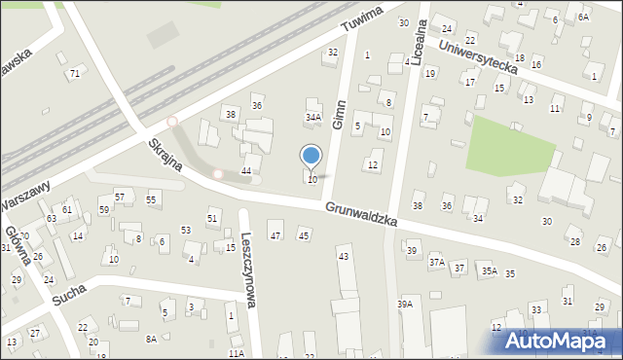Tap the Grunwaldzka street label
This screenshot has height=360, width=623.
pos(362,215)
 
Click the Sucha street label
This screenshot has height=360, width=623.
pos(69,289)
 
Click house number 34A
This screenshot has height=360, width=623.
pos(312,117)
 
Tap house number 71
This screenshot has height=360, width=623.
pos(74,74)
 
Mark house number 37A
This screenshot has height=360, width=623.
pos(437,262)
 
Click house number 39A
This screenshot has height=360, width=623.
pos(405,305)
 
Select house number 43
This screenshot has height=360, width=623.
pos(343,256)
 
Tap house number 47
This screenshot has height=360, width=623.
pos(275,235)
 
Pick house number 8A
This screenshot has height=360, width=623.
pos(151,339)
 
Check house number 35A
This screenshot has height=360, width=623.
pos(489,271)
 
